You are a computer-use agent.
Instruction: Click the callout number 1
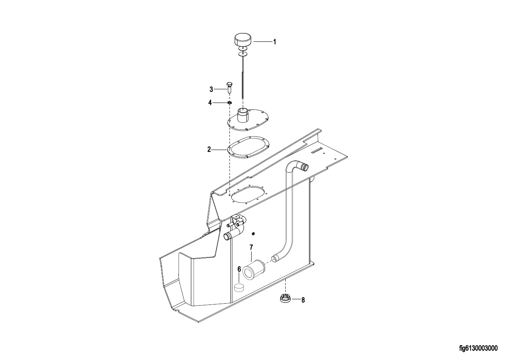[274, 42]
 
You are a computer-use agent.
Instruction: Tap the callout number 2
[209, 150]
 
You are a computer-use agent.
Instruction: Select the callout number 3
[211, 90]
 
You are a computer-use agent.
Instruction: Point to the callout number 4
[210, 103]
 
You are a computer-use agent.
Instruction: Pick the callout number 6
[239, 269]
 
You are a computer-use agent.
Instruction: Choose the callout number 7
[251, 247]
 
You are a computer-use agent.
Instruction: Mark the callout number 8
[303, 300]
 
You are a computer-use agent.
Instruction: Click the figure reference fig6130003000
[478, 348]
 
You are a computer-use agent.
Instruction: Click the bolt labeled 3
[229, 87]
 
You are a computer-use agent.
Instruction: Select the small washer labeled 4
[229, 103]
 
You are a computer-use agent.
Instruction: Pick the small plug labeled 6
[239, 288]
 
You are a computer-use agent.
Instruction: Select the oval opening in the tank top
[248, 194]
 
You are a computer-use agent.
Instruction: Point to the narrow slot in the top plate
[317, 150]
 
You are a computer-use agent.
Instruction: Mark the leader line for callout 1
[263, 42]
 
